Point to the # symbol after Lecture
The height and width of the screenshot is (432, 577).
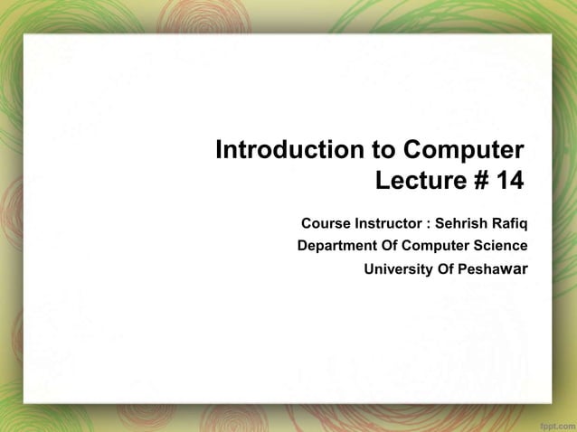tap(479, 181)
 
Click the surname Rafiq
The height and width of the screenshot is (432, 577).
tap(509, 222)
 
